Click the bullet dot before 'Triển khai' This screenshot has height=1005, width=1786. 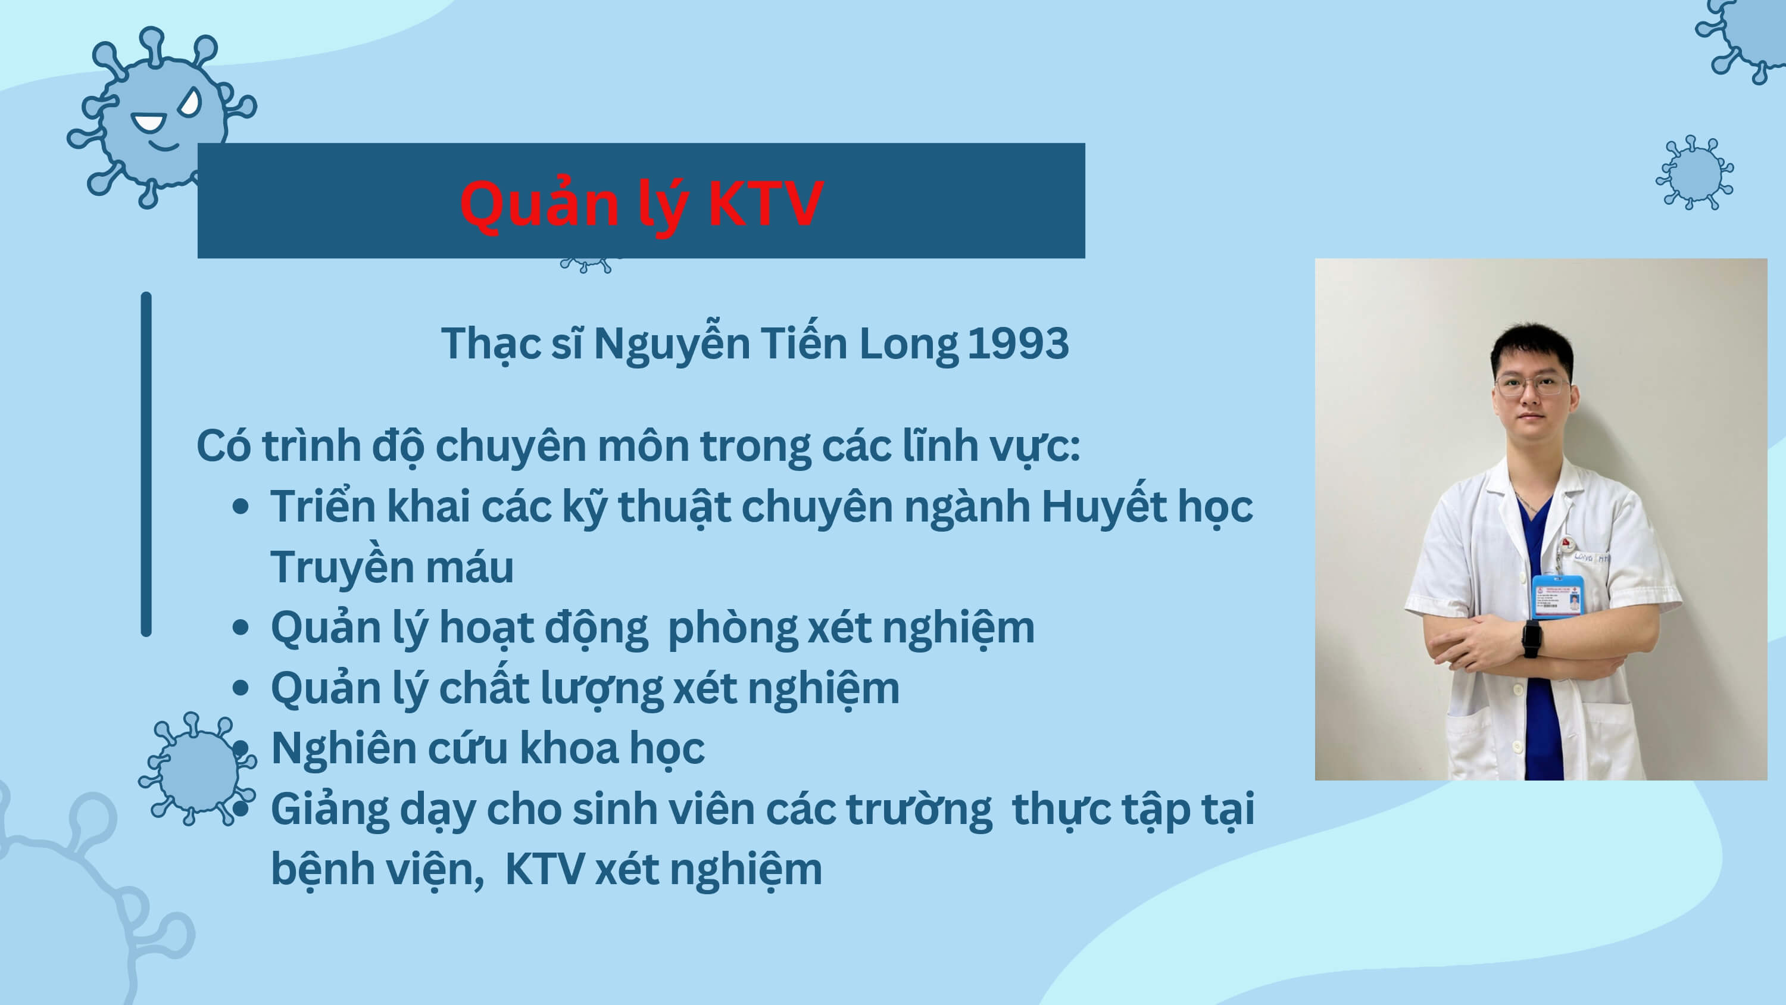click(241, 507)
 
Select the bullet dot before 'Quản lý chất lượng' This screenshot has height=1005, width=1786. click(241, 688)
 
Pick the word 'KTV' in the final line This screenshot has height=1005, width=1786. click(544, 869)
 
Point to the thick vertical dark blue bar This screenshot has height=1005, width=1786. click(146, 464)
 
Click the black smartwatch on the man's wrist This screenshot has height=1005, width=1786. click(1532, 638)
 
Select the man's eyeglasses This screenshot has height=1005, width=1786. click(1532, 386)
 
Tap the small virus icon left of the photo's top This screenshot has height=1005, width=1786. click(1694, 173)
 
